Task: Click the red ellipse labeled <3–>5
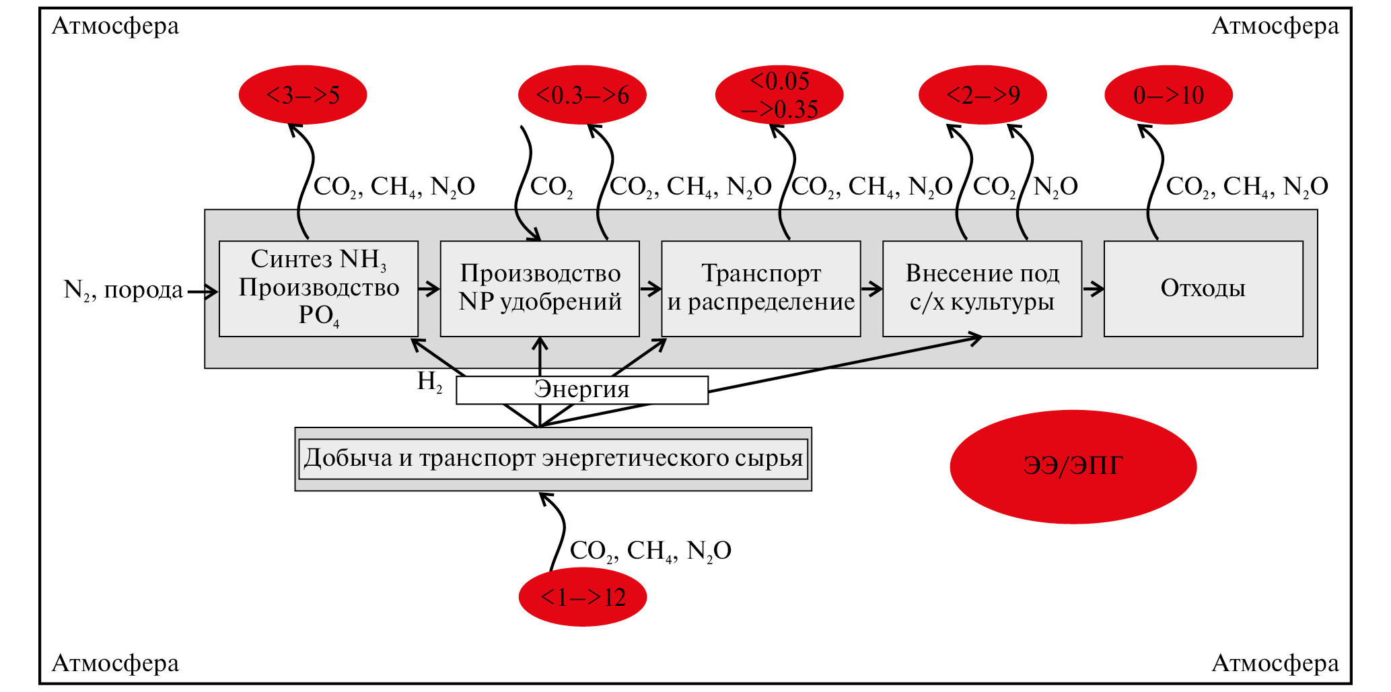(x=302, y=95)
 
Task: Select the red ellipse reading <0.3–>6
(x=582, y=95)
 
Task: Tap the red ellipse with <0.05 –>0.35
(x=779, y=95)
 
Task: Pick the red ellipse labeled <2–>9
(x=983, y=95)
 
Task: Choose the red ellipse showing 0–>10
(x=1168, y=95)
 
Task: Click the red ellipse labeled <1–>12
(x=582, y=597)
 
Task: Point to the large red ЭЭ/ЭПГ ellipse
(x=1073, y=466)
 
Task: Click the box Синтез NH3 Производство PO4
(x=318, y=288)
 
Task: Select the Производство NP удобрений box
(x=540, y=288)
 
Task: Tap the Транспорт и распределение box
(x=760, y=288)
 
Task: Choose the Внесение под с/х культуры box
(x=982, y=288)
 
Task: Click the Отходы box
(x=1203, y=288)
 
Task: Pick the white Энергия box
(x=581, y=390)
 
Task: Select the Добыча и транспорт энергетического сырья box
(x=553, y=458)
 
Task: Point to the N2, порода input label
(x=123, y=290)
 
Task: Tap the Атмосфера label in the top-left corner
(x=115, y=26)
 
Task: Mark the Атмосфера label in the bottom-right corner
(x=1275, y=664)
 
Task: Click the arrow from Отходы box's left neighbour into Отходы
(x=1093, y=289)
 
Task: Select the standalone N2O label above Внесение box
(x=1055, y=186)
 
